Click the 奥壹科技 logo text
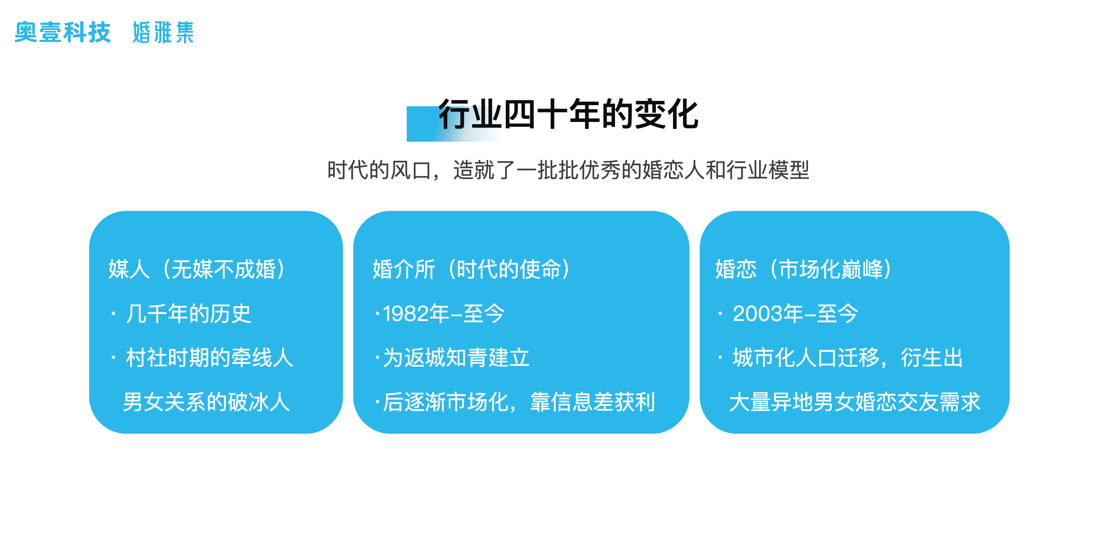click(62, 32)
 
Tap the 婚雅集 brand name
click(163, 32)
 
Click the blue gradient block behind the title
click(455, 124)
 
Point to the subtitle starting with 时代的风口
click(568, 170)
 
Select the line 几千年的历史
click(188, 313)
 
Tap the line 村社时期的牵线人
click(209, 358)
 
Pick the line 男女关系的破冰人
click(207, 402)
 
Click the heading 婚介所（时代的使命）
click(471, 269)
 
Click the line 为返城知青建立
click(456, 358)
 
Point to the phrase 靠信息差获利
click(593, 402)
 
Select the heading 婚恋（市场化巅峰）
click(804, 269)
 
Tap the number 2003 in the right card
click(757, 313)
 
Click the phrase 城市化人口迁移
click(805, 358)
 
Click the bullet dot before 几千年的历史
click(113, 314)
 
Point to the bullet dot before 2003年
click(720, 314)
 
